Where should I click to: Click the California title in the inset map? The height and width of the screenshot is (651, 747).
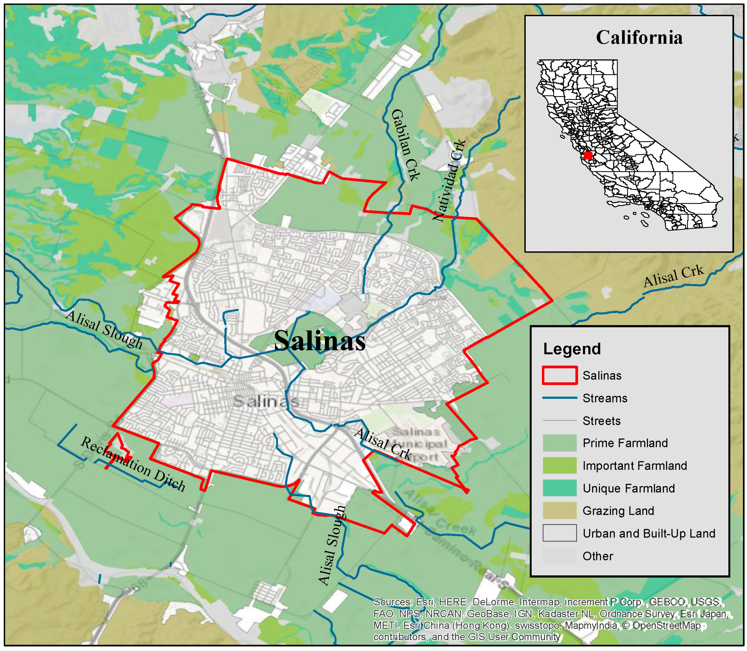(639, 37)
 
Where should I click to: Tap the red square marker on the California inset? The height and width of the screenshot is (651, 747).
(588, 155)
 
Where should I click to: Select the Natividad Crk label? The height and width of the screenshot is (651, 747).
(449, 180)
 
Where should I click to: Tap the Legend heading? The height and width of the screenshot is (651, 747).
(572, 349)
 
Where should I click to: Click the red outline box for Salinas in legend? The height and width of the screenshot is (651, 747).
(559, 375)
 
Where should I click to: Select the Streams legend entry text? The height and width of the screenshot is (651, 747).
(605, 398)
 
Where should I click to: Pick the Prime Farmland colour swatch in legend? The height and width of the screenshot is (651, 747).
(559, 443)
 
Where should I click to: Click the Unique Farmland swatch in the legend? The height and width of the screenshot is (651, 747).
(559, 488)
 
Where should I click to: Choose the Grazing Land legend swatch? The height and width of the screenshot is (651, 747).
(559, 510)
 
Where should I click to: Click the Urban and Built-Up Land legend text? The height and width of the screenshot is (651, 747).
(649, 533)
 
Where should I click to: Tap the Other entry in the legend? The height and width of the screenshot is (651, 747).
(597, 556)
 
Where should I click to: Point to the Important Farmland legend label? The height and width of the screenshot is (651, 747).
(635, 465)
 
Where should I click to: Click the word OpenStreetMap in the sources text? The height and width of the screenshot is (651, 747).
(666, 625)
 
